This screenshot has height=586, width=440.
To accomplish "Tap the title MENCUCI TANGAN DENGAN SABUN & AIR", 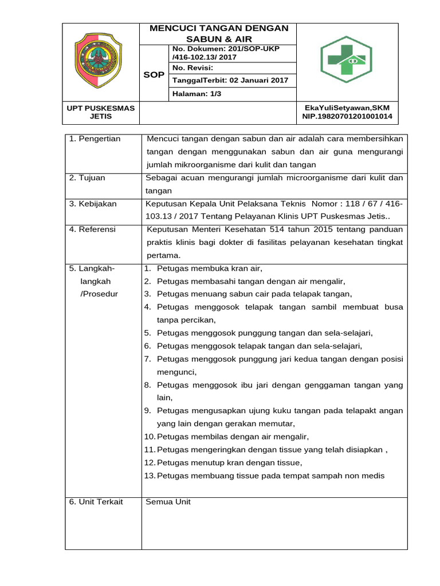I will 218,33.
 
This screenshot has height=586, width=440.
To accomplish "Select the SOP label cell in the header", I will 154,75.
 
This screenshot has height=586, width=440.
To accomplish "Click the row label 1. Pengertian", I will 95,139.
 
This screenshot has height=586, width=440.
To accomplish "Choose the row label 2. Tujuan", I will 87,178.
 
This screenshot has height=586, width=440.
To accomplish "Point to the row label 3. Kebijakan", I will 93,204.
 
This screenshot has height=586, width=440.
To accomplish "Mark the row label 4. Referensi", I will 92,229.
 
